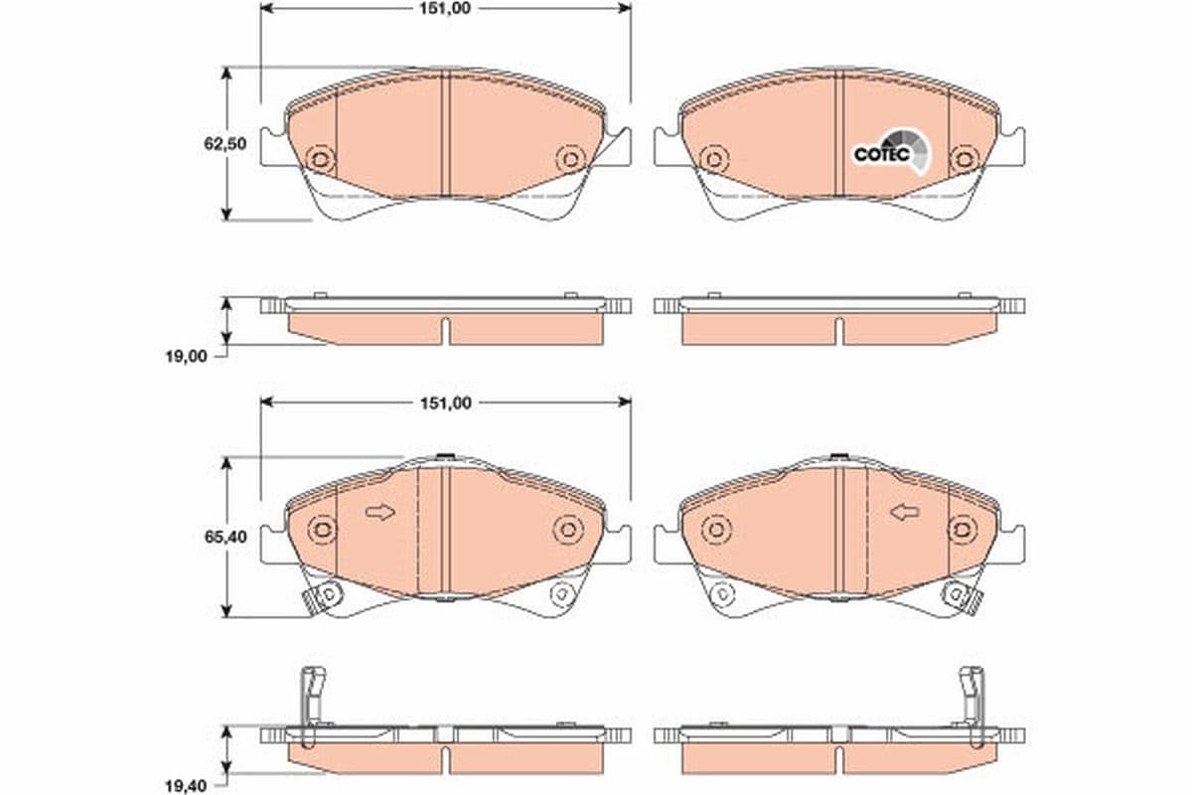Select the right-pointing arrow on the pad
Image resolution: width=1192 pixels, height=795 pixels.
click(x=379, y=513)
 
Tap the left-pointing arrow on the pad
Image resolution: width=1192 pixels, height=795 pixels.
click(x=904, y=513)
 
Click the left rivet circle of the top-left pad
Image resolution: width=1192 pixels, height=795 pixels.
click(x=320, y=159)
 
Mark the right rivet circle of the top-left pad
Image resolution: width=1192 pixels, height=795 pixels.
click(x=568, y=159)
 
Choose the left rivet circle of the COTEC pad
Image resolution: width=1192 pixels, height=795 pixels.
click(x=711, y=159)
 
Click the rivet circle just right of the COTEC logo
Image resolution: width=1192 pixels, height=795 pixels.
click(x=962, y=159)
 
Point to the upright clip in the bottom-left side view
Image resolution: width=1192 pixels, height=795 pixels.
click(x=312, y=696)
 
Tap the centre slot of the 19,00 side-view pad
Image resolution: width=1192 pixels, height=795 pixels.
click(x=446, y=330)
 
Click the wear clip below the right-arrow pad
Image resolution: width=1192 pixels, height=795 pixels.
click(x=322, y=596)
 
